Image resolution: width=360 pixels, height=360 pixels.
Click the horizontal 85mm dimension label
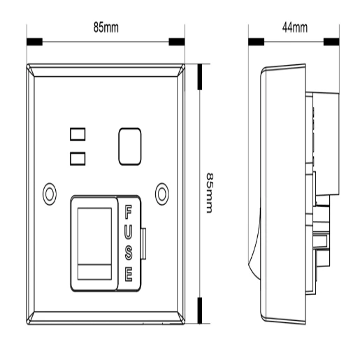click(106, 27)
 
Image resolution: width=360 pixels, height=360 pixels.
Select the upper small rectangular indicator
click(78, 133)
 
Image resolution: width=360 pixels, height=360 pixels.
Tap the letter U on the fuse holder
click(128, 230)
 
